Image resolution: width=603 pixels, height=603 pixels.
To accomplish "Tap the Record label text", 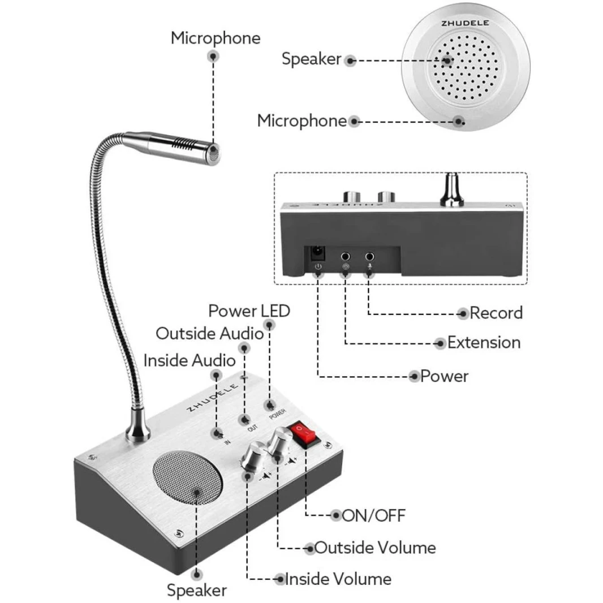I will click(x=496, y=313).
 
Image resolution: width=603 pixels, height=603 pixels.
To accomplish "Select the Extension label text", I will click(x=484, y=343).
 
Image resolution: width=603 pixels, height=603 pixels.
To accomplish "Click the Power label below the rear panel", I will click(x=444, y=376).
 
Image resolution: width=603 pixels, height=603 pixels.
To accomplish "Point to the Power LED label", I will click(x=249, y=311).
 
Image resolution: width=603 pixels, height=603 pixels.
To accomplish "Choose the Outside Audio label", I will click(x=209, y=333).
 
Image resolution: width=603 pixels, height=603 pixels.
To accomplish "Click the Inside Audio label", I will click(x=189, y=360).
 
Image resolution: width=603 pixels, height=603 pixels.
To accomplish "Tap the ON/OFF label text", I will click(x=374, y=515).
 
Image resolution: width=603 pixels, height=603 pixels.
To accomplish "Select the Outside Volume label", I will click(x=375, y=548).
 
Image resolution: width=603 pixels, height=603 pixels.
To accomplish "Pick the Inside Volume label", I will click(x=346, y=579).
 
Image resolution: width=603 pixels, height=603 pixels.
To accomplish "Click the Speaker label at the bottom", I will click(x=196, y=591).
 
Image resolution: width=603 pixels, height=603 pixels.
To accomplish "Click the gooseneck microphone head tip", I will click(x=214, y=150).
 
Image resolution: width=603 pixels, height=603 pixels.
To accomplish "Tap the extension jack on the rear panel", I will click(x=346, y=256).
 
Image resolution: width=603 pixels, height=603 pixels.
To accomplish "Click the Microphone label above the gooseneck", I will click(x=216, y=38).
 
